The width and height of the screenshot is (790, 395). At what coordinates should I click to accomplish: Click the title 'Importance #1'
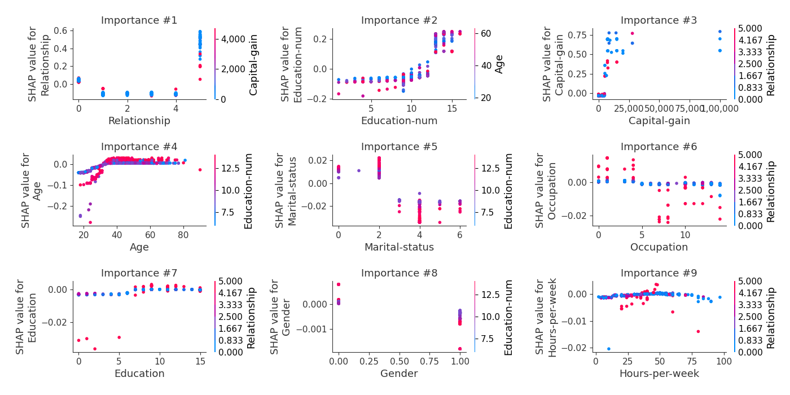pyautogui.click(x=139, y=21)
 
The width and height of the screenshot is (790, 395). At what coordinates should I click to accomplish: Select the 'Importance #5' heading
pyautogui.click(x=399, y=147)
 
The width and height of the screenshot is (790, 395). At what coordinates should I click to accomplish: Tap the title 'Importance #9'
pyautogui.click(x=659, y=274)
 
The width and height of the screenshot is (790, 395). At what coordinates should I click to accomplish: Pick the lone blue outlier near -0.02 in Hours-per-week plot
pyautogui.click(x=608, y=349)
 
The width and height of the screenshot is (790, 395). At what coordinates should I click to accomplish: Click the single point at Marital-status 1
pyautogui.click(x=358, y=170)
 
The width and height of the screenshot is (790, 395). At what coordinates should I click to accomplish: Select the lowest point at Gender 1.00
pyautogui.click(x=460, y=349)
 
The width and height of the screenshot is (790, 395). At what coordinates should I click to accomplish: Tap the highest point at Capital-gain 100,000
pyautogui.click(x=719, y=32)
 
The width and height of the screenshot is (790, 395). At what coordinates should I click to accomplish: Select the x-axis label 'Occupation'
pyautogui.click(x=659, y=247)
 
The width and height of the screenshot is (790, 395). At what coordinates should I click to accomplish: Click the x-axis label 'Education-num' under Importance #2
pyautogui.click(x=399, y=121)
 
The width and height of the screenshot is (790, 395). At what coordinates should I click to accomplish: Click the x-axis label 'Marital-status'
pyautogui.click(x=399, y=247)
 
